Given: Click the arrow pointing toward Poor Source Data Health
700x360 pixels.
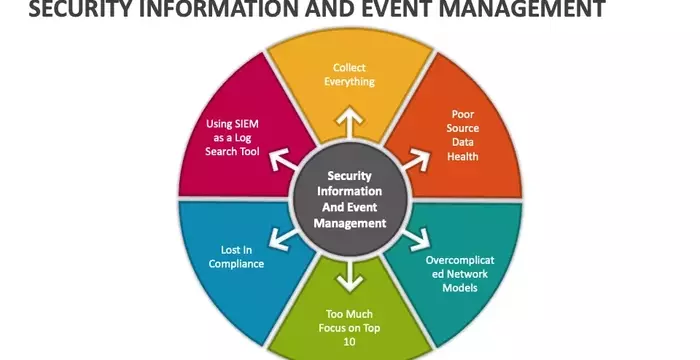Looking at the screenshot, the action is (407, 157).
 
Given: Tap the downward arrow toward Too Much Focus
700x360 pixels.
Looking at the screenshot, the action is (350, 273).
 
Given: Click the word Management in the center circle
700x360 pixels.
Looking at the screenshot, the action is (350, 223).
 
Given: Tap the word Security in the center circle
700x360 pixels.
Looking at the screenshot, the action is (350, 175).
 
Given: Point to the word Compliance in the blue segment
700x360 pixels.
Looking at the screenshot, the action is (236, 264).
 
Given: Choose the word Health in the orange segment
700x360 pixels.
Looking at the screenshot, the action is (463, 157).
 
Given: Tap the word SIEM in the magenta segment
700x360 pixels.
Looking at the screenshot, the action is (245, 124).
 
